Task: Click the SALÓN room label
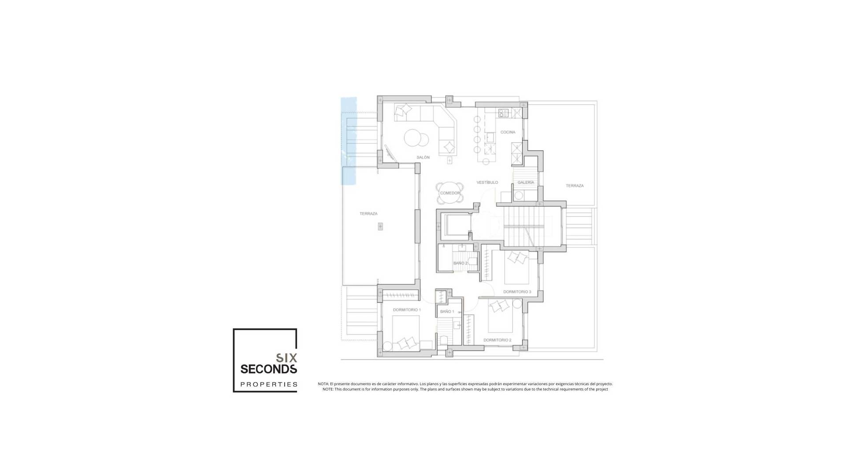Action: coord(423,157)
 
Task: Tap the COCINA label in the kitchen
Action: coord(508,132)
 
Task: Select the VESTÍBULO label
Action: coord(487,182)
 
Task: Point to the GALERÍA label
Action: coord(526,182)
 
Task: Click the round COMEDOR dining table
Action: coord(450,193)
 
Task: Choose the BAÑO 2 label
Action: coord(460,263)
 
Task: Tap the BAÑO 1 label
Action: coord(447,312)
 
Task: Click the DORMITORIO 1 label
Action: coord(407,310)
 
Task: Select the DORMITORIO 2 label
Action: coord(497,340)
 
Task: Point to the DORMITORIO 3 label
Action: coord(517,292)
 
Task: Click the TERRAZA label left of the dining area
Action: coord(368,214)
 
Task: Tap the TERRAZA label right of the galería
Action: coord(575,186)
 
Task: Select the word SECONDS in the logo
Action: coord(268,368)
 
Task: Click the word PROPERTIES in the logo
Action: coord(269,384)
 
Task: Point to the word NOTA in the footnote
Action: coord(323,384)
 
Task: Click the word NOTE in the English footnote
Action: coord(327,389)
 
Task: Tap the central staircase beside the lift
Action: coord(532,227)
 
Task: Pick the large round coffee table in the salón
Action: coord(414,137)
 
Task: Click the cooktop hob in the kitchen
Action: coord(503,113)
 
